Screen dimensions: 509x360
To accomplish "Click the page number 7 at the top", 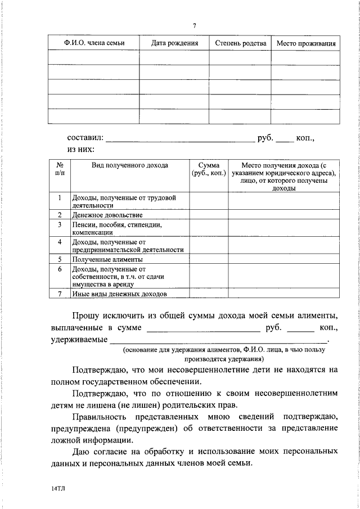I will [x=194, y=25].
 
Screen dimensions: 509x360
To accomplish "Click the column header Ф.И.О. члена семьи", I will [x=93, y=43].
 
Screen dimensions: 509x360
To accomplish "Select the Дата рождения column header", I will [x=174, y=43].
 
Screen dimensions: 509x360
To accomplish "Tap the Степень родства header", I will [x=240, y=43].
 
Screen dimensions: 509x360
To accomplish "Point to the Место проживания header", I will [x=306, y=43].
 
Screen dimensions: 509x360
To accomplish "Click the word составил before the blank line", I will [x=85, y=137].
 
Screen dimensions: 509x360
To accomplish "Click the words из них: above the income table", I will [x=81, y=150].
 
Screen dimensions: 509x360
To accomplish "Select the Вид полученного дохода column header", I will [x=129, y=166].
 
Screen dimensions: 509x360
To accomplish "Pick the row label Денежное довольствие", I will [x=106, y=215].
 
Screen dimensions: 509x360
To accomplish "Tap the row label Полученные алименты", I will [x=106, y=259].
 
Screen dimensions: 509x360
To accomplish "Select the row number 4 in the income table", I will [x=60, y=242].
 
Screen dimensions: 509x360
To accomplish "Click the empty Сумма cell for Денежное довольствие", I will [x=208, y=215].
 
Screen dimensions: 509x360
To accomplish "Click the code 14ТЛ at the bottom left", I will [x=57, y=489].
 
